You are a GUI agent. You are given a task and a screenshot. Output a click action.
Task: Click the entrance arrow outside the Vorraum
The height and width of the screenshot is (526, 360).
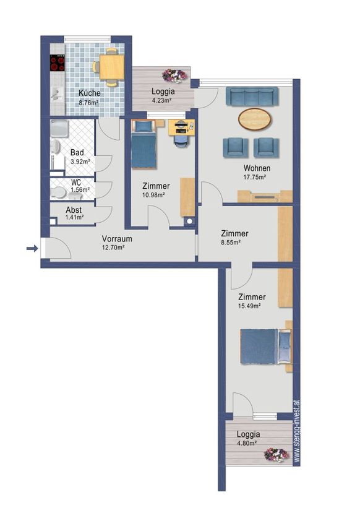[x=32, y=249]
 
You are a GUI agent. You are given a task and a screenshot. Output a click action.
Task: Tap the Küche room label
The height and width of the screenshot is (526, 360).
[x=90, y=93]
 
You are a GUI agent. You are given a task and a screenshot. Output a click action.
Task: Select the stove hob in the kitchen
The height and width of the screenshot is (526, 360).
[x=58, y=63]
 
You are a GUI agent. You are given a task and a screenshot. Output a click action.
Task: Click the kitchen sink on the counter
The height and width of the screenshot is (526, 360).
[x=57, y=94]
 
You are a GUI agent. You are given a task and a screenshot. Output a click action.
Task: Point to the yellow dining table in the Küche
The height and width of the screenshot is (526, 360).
[x=112, y=67]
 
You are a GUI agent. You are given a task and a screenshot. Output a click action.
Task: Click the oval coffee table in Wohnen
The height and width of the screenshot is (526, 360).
[x=255, y=119]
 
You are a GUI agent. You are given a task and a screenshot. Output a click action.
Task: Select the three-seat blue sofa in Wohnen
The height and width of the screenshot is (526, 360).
[x=252, y=97]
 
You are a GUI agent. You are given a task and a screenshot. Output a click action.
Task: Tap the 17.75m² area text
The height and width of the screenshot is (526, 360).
[x=255, y=178]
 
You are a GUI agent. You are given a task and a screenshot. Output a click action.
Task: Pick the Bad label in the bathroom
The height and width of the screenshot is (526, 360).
[x=77, y=153]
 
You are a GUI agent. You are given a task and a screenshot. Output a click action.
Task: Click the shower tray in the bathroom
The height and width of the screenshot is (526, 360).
[x=59, y=129]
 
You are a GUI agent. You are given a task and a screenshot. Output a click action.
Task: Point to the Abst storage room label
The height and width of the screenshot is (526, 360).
[x=74, y=210]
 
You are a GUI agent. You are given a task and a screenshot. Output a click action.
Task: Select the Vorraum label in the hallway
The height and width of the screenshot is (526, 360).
[x=117, y=239]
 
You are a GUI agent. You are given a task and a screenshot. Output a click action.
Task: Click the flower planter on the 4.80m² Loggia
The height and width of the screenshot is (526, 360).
[x=276, y=455]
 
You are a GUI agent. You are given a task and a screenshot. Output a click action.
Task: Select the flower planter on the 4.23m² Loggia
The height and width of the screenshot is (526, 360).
[x=174, y=75]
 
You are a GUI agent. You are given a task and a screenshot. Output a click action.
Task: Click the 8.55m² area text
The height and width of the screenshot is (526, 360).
[x=231, y=242]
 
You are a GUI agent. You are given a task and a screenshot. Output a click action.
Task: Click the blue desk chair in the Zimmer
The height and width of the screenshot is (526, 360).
[x=181, y=139]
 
